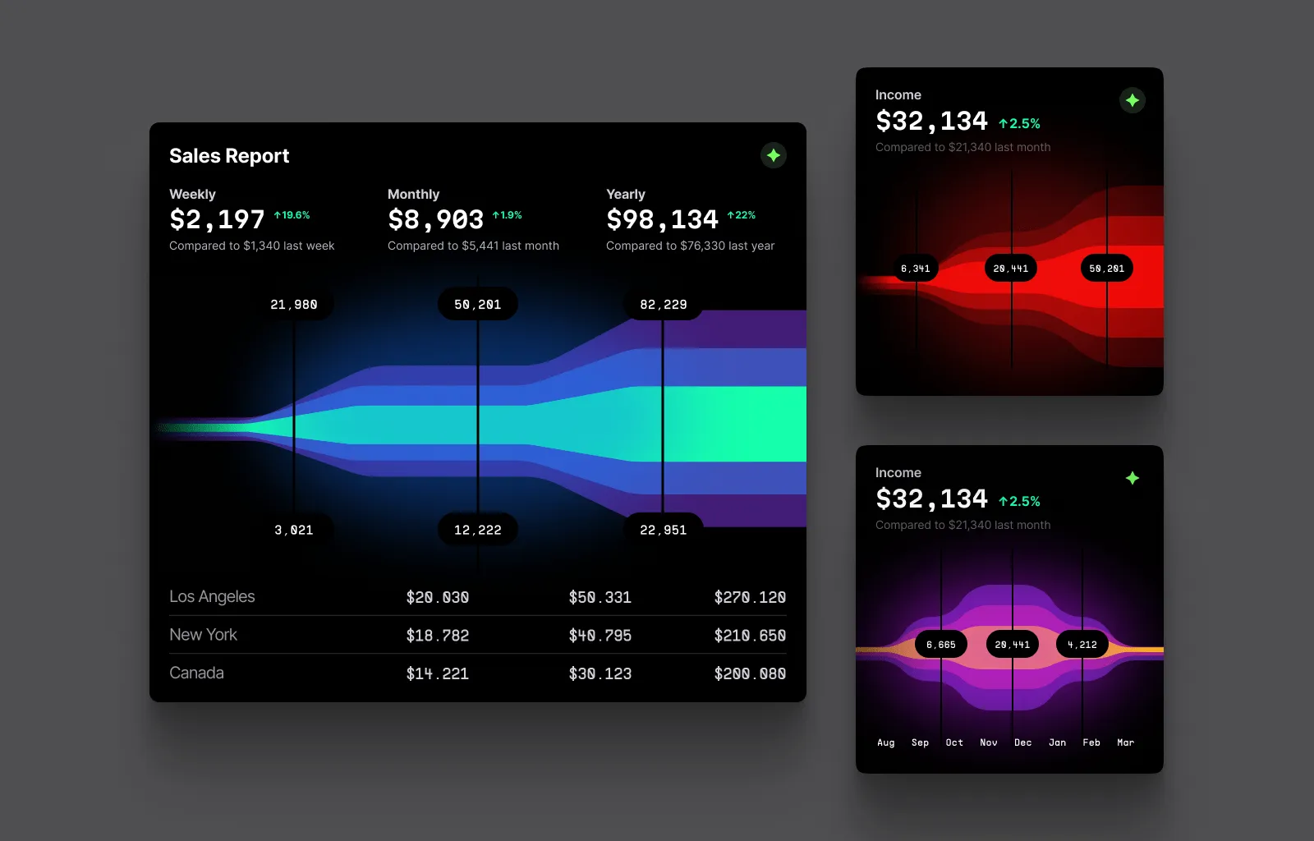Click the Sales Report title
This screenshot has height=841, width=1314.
pos(229,156)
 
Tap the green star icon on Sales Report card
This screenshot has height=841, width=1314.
pos(773,155)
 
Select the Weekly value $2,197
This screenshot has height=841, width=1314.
pos(217,219)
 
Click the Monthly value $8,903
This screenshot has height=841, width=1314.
pos(435,219)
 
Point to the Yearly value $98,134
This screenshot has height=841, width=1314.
pos(662,219)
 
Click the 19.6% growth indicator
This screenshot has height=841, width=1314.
pos(292,215)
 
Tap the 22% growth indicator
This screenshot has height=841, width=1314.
pos(742,215)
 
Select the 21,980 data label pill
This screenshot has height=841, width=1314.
pos(294,305)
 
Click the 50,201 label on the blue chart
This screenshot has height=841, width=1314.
pos(477,305)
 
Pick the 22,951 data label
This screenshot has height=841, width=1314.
pos(663,530)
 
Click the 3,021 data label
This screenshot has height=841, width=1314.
pos(294,530)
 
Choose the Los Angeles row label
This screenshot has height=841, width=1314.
pos(212,597)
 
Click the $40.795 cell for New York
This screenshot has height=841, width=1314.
pos(600,636)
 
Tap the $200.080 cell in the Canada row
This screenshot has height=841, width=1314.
pos(750,673)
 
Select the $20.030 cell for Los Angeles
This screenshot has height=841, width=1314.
pos(438,597)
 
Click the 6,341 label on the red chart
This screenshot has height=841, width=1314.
pos(915,269)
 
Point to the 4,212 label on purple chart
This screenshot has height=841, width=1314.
pos(1082,645)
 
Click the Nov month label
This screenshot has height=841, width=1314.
pos(989,742)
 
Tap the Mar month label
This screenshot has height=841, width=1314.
pos(1125,742)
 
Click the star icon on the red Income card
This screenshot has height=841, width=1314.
pos(1133,100)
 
